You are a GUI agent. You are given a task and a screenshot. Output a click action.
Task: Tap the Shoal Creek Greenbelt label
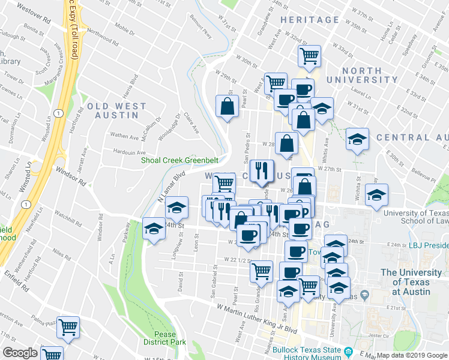pyautogui.click(x=178, y=160)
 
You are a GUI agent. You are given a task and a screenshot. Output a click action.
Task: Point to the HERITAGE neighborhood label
pyautogui.click(x=310, y=20)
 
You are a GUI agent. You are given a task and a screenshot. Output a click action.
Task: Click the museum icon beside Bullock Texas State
pyautogui.click(x=348, y=350)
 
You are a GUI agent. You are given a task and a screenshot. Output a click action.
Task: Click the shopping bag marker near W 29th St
pyautogui.click(x=228, y=107)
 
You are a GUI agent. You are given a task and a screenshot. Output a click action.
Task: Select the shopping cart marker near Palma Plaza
pyautogui.click(x=68, y=327)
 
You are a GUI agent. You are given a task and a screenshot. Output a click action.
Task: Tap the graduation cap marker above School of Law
pyautogui.click(x=376, y=194)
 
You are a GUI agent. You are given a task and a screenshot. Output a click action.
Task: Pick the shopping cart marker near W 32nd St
pyautogui.click(x=309, y=57)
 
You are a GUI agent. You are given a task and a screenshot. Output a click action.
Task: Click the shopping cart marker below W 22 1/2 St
pyautogui.click(x=261, y=272)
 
